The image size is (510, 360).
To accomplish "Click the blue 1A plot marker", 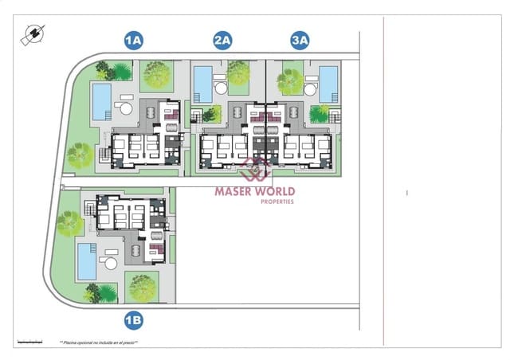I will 133,39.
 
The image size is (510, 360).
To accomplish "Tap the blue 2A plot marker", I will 222,39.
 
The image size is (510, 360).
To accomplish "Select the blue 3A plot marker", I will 300,39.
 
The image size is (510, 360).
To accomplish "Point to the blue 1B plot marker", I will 133,320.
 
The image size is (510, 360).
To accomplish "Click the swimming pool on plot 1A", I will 101,102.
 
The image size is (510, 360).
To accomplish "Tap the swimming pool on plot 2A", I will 202,84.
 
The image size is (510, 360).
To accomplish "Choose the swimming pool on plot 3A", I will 328,84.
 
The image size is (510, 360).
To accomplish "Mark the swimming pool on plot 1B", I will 86,261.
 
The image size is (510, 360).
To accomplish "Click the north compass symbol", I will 33,34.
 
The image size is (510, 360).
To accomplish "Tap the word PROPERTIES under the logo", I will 277,202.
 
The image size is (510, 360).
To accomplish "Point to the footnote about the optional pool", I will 99,342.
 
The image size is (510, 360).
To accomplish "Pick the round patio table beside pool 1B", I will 110,263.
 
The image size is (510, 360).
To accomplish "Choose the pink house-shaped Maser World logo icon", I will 255,169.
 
